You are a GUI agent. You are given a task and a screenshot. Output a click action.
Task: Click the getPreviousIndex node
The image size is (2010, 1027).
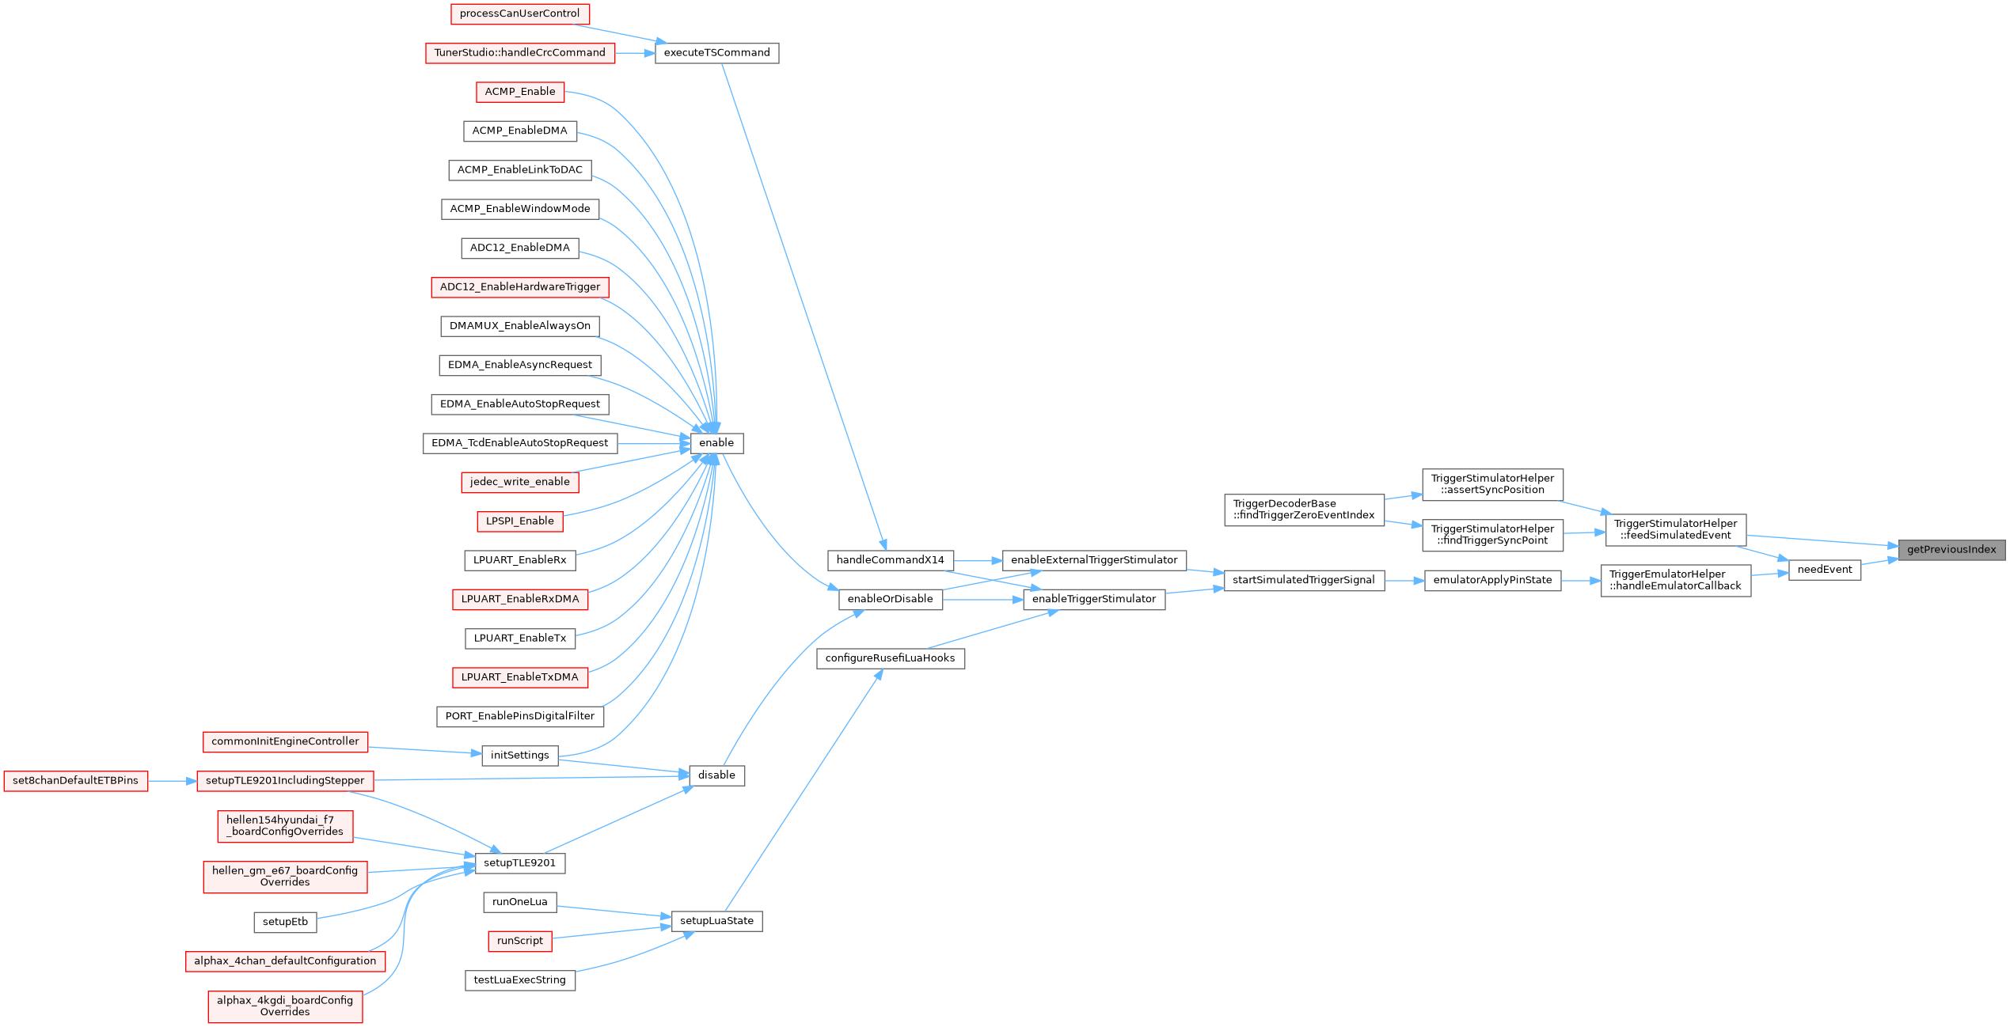pos(1951,550)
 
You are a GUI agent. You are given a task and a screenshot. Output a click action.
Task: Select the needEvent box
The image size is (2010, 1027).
pos(1825,570)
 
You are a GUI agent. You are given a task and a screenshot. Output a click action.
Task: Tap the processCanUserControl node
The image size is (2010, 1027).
pos(519,13)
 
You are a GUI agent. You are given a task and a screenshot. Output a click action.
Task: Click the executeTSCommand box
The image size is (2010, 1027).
pos(716,53)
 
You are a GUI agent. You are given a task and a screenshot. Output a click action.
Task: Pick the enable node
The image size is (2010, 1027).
pos(716,443)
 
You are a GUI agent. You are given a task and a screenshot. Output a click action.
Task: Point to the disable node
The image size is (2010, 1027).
pos(716,775)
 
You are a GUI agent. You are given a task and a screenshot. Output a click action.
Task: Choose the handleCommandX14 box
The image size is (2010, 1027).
pos(890,560)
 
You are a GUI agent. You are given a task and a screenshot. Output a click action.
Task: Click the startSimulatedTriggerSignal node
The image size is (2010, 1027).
pos(1303,580)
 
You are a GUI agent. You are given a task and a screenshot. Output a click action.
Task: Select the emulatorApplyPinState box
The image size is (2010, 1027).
pos(1492,580)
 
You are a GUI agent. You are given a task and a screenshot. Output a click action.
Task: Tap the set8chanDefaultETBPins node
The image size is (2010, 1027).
pos(75,781)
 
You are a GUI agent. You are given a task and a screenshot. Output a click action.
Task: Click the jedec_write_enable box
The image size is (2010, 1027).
pos(519,482)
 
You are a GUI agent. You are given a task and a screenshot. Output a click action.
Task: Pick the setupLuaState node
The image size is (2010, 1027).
pos(716,921)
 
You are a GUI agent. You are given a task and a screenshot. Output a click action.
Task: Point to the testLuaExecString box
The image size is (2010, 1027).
pos(519,980)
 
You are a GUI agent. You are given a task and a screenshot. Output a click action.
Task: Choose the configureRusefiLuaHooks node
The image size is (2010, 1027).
pos(890,658)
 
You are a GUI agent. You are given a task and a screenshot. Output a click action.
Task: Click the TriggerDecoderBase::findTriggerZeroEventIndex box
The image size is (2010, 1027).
pos(1303,510)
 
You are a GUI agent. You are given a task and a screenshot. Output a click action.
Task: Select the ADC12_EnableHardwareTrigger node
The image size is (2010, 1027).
pos(519,287)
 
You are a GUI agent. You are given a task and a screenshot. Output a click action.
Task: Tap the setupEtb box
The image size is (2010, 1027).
pos(285,922)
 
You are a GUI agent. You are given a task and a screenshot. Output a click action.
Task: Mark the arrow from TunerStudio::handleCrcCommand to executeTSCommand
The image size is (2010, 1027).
pos(635,53)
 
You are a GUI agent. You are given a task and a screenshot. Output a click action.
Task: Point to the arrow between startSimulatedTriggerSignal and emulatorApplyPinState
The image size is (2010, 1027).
pos(1404,580)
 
